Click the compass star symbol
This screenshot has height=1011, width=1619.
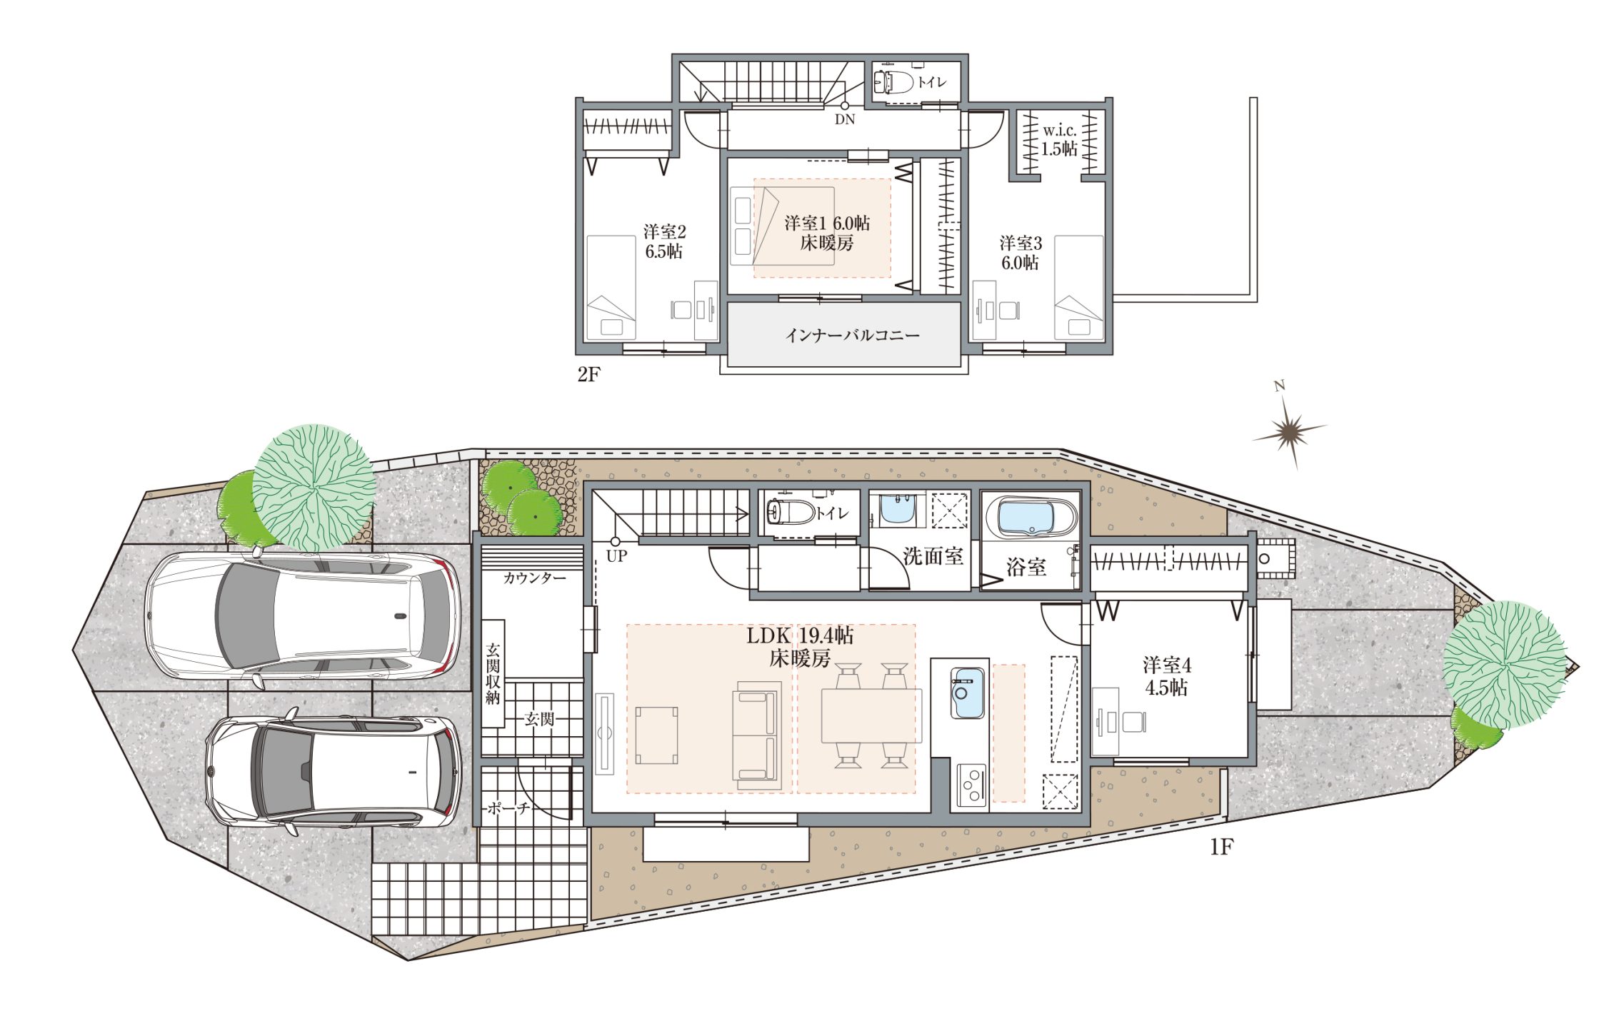1290,431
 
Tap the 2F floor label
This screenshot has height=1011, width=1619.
588,375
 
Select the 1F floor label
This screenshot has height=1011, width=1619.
1221,847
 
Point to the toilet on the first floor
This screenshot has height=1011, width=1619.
790,512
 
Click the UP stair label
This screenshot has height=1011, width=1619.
616,555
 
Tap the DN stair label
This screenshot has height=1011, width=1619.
845,119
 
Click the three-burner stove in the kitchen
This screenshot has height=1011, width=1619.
971,785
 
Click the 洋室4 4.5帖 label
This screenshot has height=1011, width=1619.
1167,676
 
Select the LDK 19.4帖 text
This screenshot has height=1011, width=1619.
800,635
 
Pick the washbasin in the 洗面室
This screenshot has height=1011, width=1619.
896,509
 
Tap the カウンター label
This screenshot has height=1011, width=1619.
534,578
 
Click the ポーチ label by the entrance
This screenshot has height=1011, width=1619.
508,808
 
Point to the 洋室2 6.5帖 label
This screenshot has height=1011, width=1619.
664,241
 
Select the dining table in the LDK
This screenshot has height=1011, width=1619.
871,715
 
